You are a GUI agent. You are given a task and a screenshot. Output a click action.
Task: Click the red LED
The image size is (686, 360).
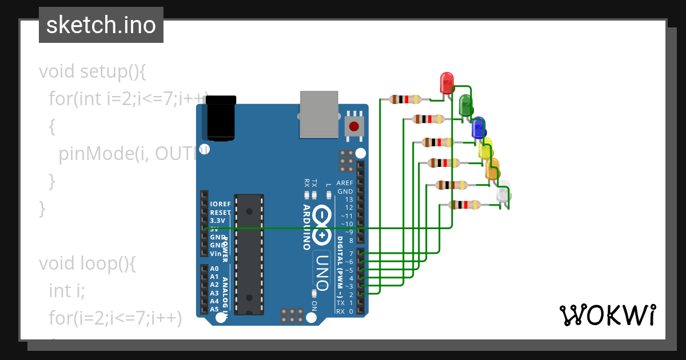pyautogui.click(x=446, y=82)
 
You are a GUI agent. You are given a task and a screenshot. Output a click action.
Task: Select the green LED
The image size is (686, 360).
pyautogui.click(x=465, y=105)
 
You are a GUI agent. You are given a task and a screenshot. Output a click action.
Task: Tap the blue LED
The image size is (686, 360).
pyautogui.click(x=478, y=127)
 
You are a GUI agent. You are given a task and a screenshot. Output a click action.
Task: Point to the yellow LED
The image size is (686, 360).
pyautogui.click(x=485, y=149)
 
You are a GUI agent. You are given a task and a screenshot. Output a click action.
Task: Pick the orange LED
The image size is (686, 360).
pyautogui.click(x=492, y=169)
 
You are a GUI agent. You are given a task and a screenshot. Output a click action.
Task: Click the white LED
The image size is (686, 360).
pyautogui.click(x=503, y=193)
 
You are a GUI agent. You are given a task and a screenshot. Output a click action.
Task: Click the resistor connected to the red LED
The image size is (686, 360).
pyautogui.click(x=405, y=99)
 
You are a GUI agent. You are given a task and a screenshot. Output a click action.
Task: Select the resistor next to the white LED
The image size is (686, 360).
pyautogui.click(x=464, y=205)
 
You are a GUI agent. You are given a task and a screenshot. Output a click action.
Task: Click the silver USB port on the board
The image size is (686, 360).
pyautogui.click(x=320, y=114)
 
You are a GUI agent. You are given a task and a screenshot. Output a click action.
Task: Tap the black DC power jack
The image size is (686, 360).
pyautogui.click(x=221, y=118)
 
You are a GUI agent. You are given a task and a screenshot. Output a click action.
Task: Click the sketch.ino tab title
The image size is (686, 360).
pyautogui.click(x=101, y=25)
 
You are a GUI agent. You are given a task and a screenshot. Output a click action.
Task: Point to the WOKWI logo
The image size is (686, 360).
pyautogui.click(x=607, y=315)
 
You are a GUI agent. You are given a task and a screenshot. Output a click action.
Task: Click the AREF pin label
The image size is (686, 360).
pyautogui.click(x=345, y=183)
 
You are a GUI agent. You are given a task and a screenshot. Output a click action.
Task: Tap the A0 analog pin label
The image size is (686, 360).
pyautogui.click(x=214, y=269)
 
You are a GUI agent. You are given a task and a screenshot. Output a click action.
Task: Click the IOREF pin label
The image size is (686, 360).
pyautogui.click(x=221, y=204)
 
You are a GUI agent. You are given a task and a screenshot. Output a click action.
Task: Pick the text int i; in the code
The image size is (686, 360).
pyautogui.click(x=67, y=291)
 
